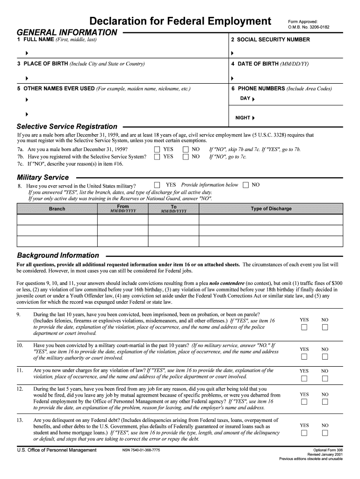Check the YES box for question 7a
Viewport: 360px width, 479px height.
(157, 150)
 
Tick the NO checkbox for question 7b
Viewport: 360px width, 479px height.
(186, 157)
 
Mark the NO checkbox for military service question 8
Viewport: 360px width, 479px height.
(246, 185)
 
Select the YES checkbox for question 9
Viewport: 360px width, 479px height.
(304, 327)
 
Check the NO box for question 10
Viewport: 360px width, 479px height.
(325, 357)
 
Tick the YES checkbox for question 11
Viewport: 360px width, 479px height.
(304, 378)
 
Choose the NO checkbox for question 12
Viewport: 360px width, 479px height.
(325, 402)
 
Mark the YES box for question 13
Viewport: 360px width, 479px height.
(304, 433)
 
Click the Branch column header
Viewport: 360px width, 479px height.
(57, 209)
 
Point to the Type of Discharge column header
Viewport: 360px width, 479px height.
(271, 209)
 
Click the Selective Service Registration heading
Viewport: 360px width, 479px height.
(67, 126)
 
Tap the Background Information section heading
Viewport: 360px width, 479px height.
(58, 255)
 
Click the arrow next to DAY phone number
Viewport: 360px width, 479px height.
(253, 100)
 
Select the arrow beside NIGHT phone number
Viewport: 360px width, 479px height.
(253, 118)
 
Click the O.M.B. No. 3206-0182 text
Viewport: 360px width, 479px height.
(309, 27)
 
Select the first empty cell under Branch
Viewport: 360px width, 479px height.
(57, 219)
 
